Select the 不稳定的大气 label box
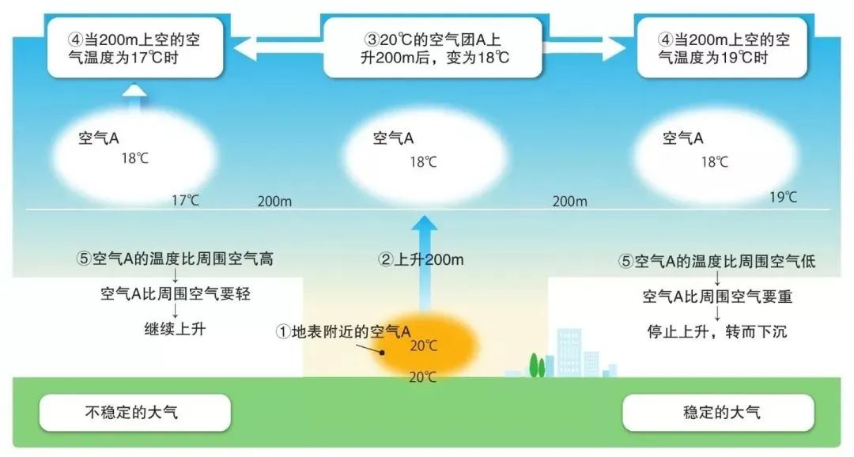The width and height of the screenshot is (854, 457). click(135, 413)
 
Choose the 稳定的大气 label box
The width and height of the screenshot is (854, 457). click(718, 413)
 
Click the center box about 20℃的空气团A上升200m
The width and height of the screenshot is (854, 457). click(433, 47)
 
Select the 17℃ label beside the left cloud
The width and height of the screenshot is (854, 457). click(186, 200)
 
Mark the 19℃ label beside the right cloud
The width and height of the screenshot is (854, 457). click(783, 197)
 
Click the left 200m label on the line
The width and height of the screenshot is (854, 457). click(274, 202)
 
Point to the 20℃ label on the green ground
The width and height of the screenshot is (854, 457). click(423, 377)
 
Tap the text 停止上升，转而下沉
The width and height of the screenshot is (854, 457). click(718, 331)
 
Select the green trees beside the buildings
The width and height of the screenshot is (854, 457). click(537, 365)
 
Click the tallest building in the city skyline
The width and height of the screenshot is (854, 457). click(568, 353)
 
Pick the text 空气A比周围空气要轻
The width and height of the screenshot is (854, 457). click(176, 294)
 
